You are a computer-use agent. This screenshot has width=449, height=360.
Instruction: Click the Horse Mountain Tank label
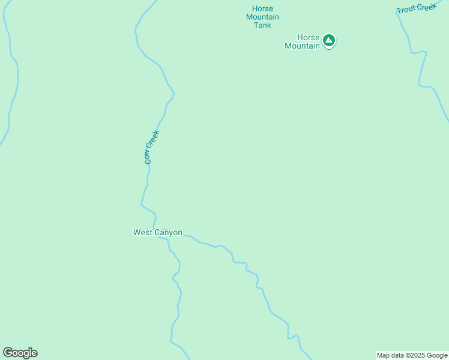point(262,17)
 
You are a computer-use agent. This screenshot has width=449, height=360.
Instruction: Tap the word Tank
point(262,25)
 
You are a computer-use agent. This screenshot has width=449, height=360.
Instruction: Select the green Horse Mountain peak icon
point(328,40)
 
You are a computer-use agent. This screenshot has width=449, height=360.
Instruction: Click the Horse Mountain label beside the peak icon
point(302,41)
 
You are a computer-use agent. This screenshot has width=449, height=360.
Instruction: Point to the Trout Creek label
point(416,8)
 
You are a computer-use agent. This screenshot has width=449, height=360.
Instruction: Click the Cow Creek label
point(151,148)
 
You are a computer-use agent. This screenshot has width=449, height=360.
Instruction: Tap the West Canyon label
point(157,232)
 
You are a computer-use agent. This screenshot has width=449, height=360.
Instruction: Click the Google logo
point(20,353)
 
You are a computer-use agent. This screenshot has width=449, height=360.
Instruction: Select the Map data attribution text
point(412,355)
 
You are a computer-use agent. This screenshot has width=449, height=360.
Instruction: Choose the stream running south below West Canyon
point(176,300)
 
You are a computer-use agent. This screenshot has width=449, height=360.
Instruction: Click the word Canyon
point(169,232)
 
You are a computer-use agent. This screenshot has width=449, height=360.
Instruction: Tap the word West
point(143,232)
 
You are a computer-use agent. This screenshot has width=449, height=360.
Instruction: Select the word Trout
point(406,10)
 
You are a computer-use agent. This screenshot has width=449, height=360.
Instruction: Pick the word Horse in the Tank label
point(262,8)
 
